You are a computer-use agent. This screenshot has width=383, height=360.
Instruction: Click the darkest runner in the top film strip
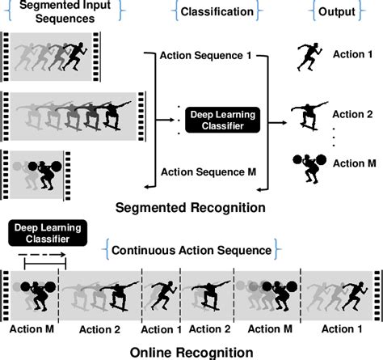(75, 55)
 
